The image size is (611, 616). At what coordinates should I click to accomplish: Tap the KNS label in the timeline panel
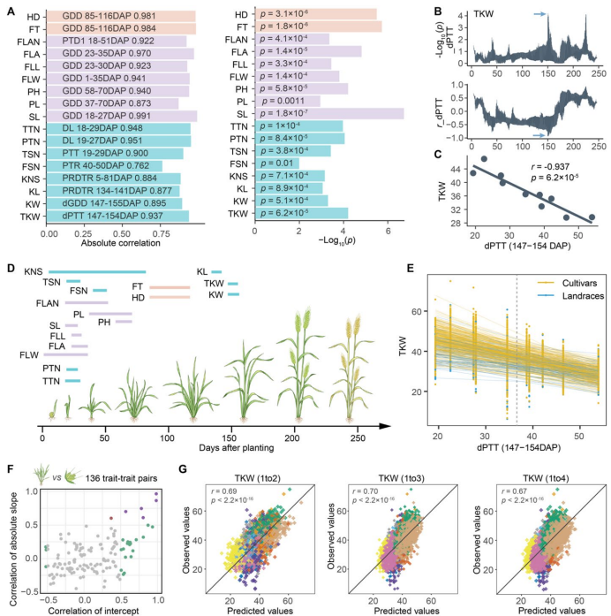[34, 271]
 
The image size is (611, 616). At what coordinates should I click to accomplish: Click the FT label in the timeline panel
[139, 287]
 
